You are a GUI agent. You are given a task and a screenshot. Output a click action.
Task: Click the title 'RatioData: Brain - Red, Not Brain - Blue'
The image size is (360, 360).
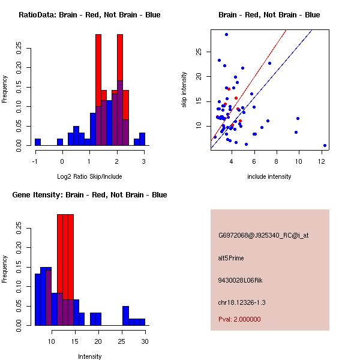tap(89, 15)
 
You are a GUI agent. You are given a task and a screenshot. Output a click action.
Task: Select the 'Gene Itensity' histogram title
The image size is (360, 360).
tap(89, 195)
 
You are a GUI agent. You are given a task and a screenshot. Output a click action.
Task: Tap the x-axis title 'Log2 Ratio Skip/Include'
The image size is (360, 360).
tap(89, 176)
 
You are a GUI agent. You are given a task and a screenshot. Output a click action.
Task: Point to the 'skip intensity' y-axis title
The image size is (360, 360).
tap(184, 89)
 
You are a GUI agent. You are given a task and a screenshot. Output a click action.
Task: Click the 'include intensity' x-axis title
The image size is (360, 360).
tap(269, 176)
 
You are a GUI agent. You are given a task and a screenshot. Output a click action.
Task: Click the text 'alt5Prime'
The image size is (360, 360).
tap(231, 259)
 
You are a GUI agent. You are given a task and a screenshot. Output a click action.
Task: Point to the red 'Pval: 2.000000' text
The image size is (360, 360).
tap(239, 319)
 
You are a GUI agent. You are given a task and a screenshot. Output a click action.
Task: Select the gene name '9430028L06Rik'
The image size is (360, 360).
tap(238, 280)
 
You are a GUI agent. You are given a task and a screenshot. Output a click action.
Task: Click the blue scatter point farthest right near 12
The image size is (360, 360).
tap(325, 145)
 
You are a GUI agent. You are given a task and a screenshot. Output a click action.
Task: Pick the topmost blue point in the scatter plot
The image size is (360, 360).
tap(226, 34)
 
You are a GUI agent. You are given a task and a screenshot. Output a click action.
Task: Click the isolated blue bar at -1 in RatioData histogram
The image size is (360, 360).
tap(38, 142)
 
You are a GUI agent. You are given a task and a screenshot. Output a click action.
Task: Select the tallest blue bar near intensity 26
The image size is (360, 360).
tap(125, 316)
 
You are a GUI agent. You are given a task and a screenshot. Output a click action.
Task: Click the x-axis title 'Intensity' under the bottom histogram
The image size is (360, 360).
tap(89, 356)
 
